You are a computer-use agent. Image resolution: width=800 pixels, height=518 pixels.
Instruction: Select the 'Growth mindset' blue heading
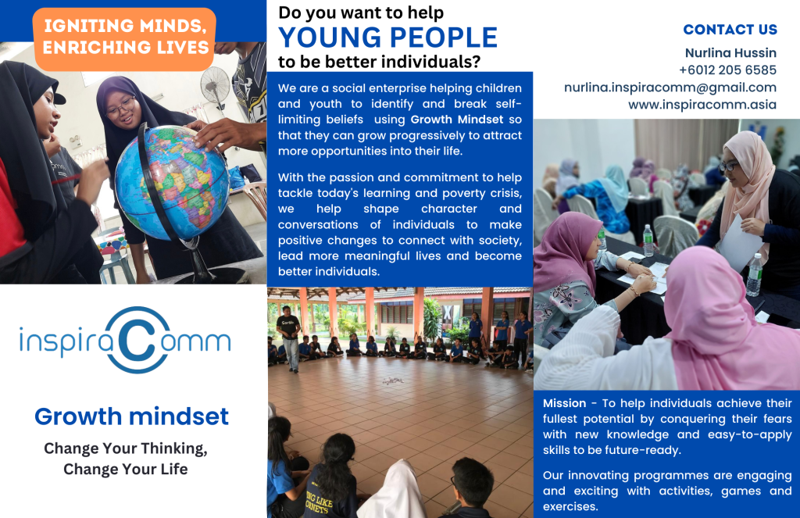131,416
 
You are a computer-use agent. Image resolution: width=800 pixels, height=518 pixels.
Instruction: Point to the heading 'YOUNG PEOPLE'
387,38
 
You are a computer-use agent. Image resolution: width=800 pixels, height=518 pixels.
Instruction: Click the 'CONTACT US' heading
730,30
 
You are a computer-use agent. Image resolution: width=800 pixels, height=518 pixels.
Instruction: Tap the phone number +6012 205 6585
727,70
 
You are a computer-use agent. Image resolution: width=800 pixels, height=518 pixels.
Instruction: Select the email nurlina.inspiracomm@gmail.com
670,88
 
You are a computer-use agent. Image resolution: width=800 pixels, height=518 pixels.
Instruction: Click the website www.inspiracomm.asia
702,105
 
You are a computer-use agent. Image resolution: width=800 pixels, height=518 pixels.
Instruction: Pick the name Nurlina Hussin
730,53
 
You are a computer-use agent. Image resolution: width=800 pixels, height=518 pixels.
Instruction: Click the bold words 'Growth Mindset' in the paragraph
457,120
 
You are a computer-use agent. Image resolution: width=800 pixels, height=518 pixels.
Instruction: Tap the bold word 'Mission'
564,403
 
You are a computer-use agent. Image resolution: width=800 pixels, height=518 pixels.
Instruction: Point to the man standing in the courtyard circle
289,338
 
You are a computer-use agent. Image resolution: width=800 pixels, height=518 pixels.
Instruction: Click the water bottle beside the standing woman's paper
754,276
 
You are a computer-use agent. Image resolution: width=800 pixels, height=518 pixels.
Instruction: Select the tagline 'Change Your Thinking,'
126,448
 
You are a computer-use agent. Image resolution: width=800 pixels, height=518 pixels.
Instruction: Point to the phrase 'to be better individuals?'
380,62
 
